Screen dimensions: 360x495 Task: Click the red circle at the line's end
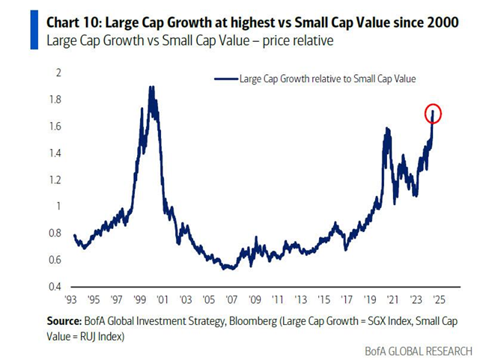pos(434,114)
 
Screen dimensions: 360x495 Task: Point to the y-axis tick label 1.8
pos(55,100)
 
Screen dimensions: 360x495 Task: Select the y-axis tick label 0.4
pos(55,287)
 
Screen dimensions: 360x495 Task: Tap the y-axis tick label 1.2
pos(55,180)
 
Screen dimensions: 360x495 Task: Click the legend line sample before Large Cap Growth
pos(225,78)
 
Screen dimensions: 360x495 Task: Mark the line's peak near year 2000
pos(152,88)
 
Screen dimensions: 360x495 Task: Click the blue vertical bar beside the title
pos(34,29)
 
